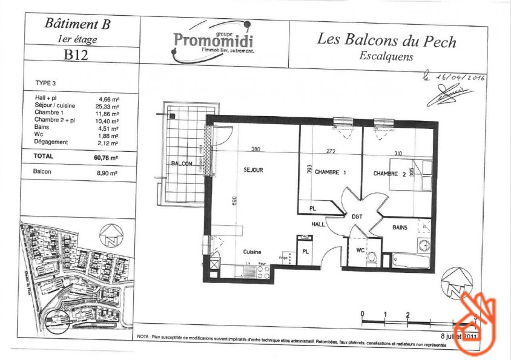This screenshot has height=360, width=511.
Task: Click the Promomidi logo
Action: click(213, 40)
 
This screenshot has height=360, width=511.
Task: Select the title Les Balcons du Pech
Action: click(386, 41)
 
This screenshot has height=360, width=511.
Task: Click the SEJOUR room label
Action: click(253, 171)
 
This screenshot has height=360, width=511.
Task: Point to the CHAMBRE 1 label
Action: click(331, 172)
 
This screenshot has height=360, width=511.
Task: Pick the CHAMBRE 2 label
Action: click(389, 174)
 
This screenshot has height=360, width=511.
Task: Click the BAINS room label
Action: click(400, 227)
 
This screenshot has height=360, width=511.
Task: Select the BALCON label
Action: click(181, 164)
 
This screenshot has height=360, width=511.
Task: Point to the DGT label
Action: click(357, 215)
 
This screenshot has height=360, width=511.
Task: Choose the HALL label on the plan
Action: click(318, 223)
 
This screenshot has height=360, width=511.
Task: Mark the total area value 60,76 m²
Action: click(106, 156)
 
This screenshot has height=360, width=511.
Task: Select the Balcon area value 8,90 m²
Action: click(107, 172)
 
